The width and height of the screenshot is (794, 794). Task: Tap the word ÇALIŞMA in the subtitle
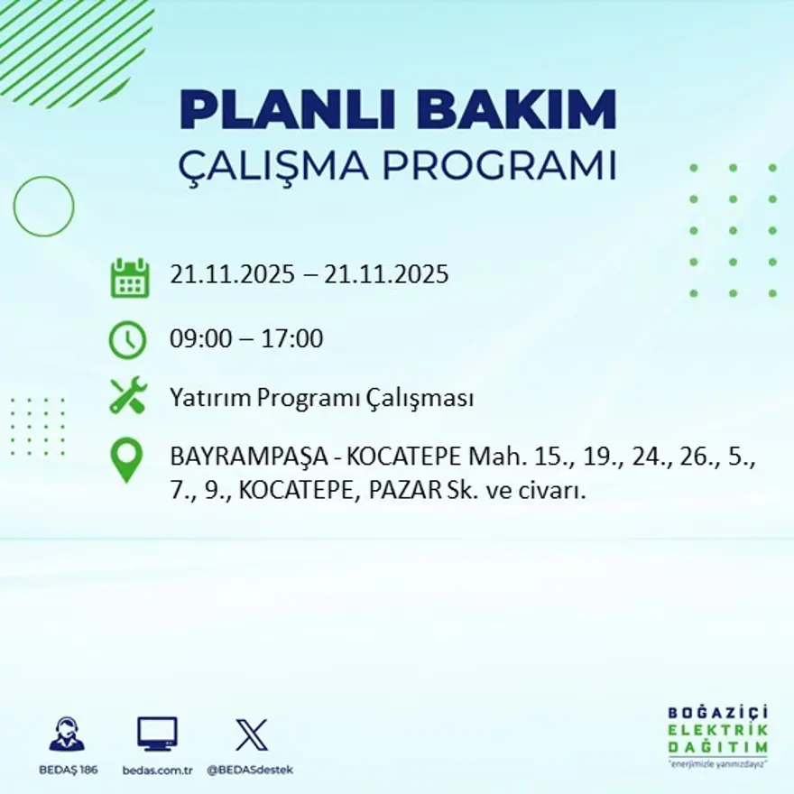pos(275,166)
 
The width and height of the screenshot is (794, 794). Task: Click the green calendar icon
pos(129,278)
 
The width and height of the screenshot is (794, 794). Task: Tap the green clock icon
pos(127,340)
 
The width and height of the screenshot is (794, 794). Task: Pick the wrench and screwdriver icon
pos(127,397)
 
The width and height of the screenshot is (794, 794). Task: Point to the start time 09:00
pos(197,340)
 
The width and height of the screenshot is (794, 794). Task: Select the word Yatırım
pos(209,398)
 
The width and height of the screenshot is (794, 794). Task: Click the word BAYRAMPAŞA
pos(239,458)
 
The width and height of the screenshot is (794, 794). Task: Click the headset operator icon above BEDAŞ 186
pos(67,734)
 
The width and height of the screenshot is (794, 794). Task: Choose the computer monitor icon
pos(157,734)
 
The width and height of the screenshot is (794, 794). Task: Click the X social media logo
pos(251,734)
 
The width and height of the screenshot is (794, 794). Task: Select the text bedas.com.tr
pos(158,770)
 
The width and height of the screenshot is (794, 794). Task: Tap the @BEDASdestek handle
pos(250,770)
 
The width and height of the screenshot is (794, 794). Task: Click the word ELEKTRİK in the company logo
pos(718,730)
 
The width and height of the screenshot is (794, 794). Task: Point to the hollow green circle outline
pos(43,207)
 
